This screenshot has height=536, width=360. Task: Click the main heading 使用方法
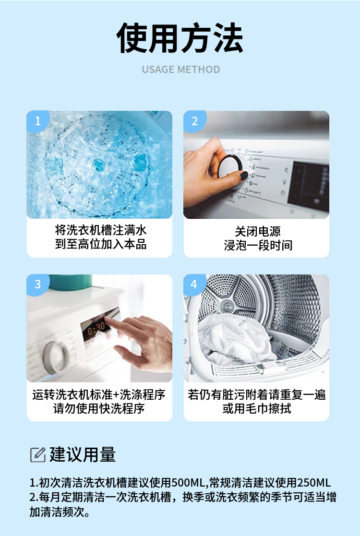click(x=180, y=38)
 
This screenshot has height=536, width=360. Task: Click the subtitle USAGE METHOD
click(x=181, y=70)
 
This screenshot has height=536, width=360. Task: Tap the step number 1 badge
click(x=37, y=120)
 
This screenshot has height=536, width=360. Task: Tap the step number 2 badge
click(x=194, y=120)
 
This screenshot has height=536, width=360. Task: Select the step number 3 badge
click(x=37, y=284)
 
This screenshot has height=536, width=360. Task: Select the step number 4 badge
click(x=194, y=284)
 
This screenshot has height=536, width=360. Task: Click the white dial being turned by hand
click(x=230, y=170)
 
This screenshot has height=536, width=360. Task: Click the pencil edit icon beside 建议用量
click(x=37, y=454)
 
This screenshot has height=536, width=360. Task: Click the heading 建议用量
click(x=83, y=454)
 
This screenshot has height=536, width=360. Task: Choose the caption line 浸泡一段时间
click(x=258, y=245)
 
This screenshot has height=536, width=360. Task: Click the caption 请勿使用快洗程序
click(x=99, y=408)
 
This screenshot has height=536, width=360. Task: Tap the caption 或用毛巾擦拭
click(x=257, y=408)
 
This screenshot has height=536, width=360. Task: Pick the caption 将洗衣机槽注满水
click(x=100, y=230)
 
